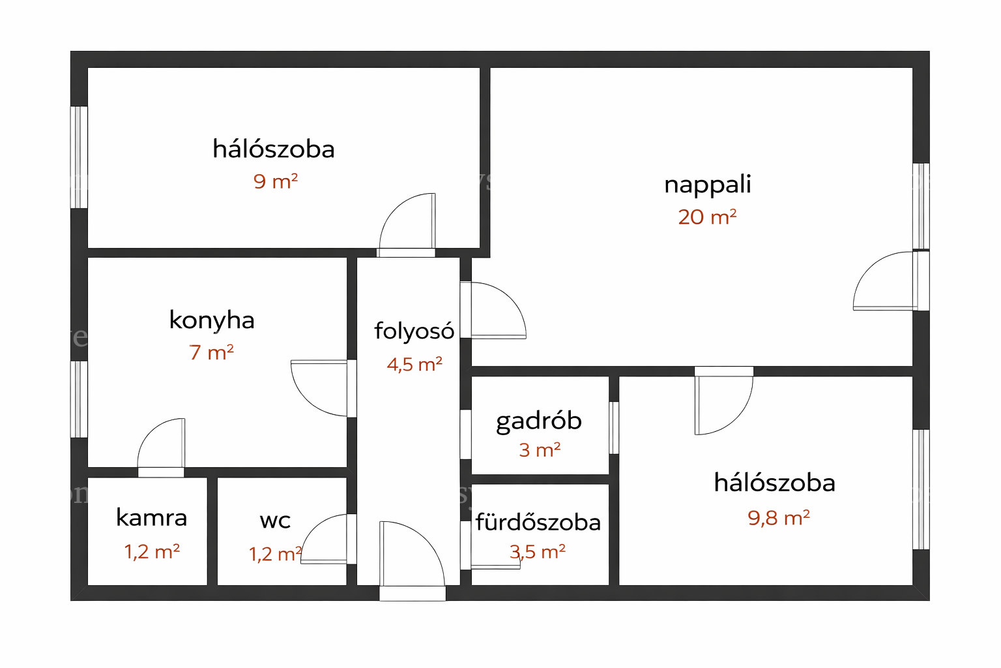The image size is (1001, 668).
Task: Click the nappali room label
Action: [707, 185]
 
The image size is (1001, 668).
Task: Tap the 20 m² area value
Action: [707, 217]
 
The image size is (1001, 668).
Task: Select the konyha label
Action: [212, 321]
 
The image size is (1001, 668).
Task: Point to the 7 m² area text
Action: [211, 352]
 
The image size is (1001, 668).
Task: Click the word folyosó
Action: [414, 331]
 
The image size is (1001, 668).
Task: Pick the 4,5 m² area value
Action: [414, 364]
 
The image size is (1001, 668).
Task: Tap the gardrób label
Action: [539, 421]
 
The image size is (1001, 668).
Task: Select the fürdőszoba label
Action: [538, 522]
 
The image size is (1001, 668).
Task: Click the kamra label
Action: [151, 518]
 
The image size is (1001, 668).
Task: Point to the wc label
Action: [275, 521]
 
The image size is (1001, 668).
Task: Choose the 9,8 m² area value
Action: [779, 518]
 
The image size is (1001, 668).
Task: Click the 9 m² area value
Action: [275, 181]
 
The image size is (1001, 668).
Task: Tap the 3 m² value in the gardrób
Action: [540, 450]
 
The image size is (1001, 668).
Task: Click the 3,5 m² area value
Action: [538, 552]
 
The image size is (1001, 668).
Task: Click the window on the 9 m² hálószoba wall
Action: [79, 157]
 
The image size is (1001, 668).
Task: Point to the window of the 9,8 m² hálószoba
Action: [921, 489]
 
